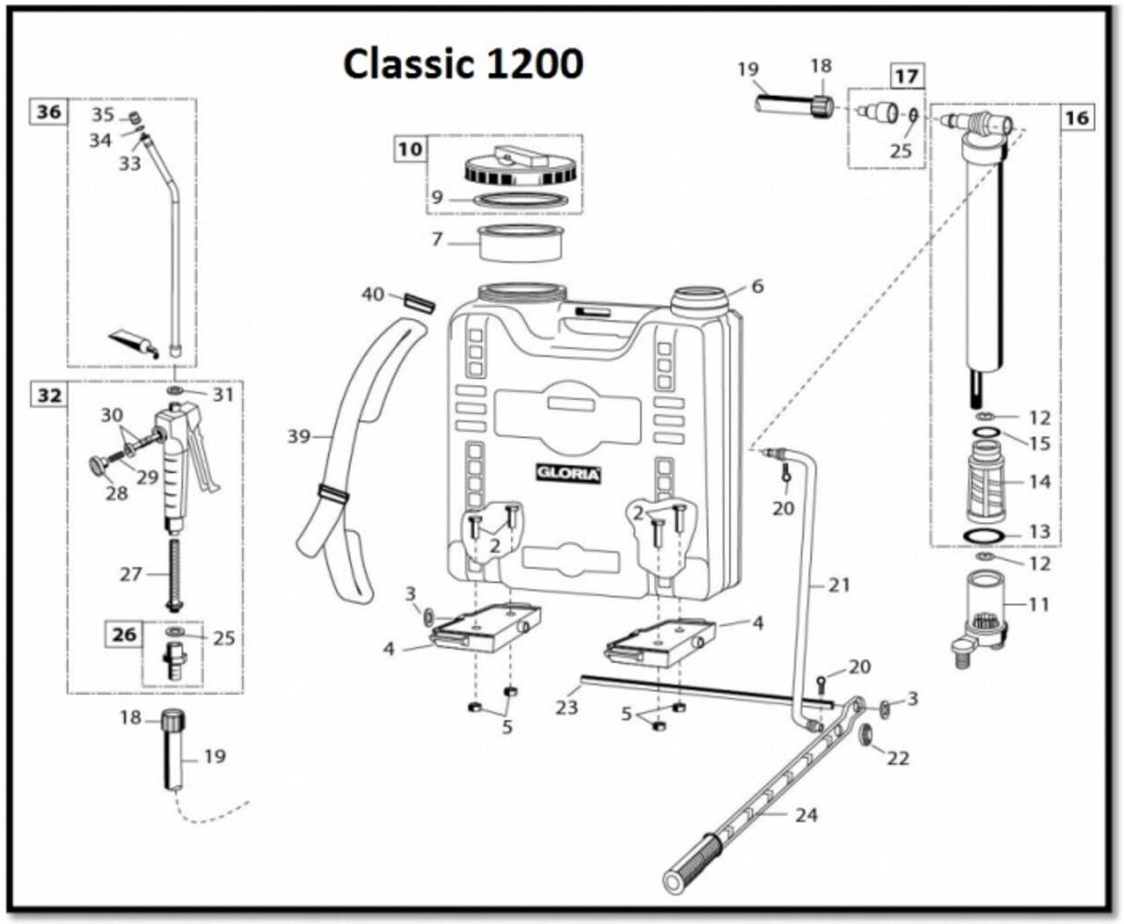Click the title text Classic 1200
point(463,64)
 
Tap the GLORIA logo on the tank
point(569,474)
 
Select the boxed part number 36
point(49,113)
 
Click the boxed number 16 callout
point(1077,117)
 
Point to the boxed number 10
point(411,148)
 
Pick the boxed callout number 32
point(49,395)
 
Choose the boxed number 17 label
point(907,76)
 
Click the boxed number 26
point(125,635)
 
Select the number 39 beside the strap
point(299,435)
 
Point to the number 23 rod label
point(566,707)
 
